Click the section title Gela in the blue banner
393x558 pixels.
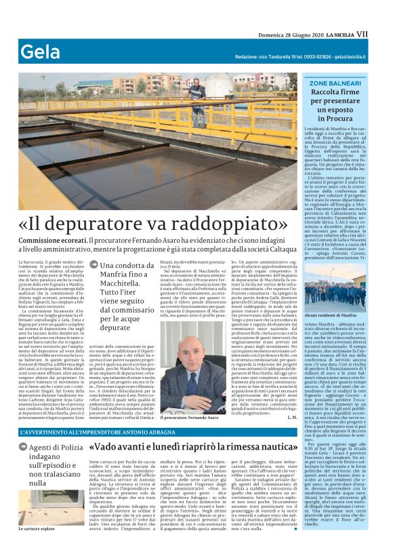pos(39,52)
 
